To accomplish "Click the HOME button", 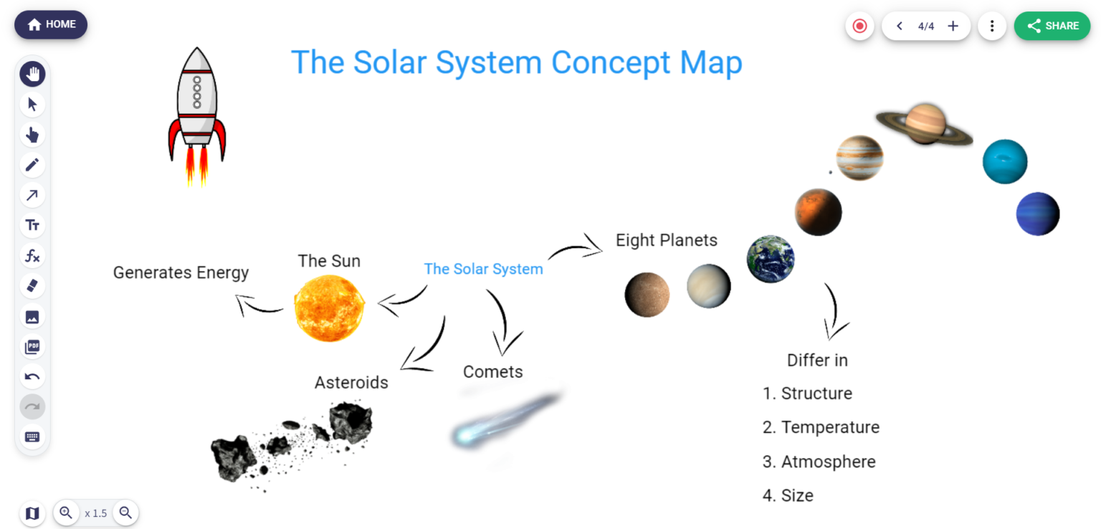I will (x=51, y=24).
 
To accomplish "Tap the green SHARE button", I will (x=1052, y=26).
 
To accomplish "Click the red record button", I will (x=859, y=26).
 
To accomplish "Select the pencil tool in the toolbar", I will (x=32, y=165).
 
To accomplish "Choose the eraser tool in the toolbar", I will (x=32, y=286).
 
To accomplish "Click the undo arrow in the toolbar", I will (x=32, y=377).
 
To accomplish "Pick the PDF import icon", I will (x=32, y=347).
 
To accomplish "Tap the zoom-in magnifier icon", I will (x=66, y=513).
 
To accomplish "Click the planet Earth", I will (x=771, y=259).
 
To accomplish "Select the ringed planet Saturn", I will (x=925, y=123).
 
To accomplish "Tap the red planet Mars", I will (x=818, y=212).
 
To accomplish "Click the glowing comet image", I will (x=502, y=423).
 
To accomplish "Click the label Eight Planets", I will (x=667, y=240).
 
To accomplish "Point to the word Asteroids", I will (x=351, y=383).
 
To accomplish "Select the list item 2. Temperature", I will (x=821, y=427).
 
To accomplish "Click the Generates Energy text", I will (x=181, y=273).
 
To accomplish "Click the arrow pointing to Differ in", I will (x=834, y=312).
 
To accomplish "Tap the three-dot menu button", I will (x=992, y=26).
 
